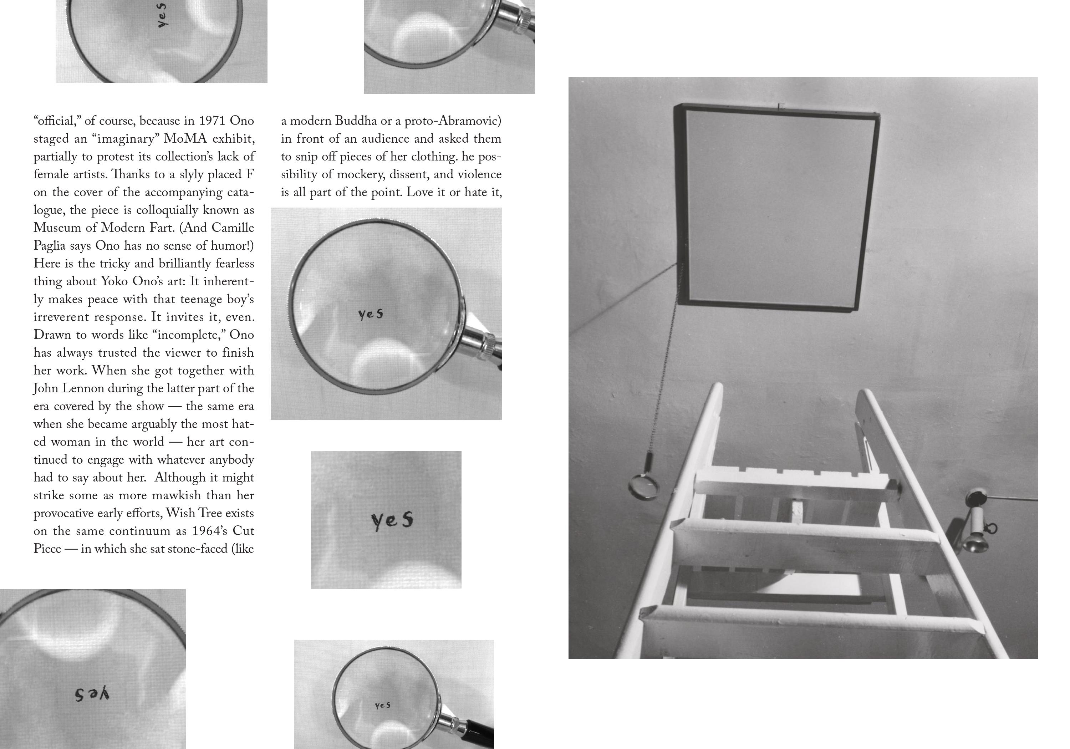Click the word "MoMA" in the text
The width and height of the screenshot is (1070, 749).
click(185, 139)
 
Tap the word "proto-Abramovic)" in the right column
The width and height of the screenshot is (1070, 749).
click(453, 121)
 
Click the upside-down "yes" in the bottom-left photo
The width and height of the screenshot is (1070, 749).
click(92, 694)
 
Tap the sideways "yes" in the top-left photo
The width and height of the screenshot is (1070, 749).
click(163, 15)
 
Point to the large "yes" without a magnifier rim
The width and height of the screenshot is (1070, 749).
click(392, 521)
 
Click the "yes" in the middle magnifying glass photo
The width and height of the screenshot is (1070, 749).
click(371, 314)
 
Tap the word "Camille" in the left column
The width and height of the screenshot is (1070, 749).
click(233, 228)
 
